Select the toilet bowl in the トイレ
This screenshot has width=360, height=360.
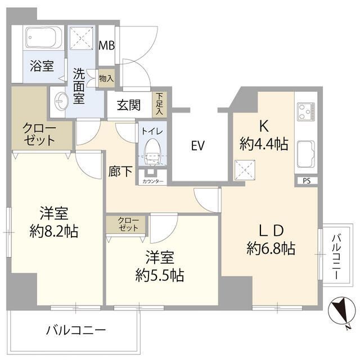[151, 150]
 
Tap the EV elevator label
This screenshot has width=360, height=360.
[196, 146]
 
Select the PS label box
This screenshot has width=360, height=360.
[306, 181]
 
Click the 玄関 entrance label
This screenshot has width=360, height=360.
[129, 105]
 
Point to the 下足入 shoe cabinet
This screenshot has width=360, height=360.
[160, 105]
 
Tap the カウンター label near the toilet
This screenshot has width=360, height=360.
[153, 182]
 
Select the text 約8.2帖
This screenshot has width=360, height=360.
[54, 230]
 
